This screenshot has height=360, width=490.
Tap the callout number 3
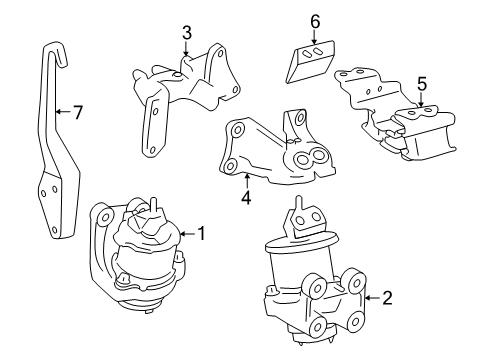186,34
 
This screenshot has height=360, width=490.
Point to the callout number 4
246,196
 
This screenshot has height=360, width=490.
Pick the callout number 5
421,85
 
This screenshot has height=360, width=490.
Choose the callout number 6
314,21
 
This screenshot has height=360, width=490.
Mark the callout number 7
78,112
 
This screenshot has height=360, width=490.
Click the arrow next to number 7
63,112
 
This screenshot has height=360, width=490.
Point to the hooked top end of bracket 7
50,50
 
